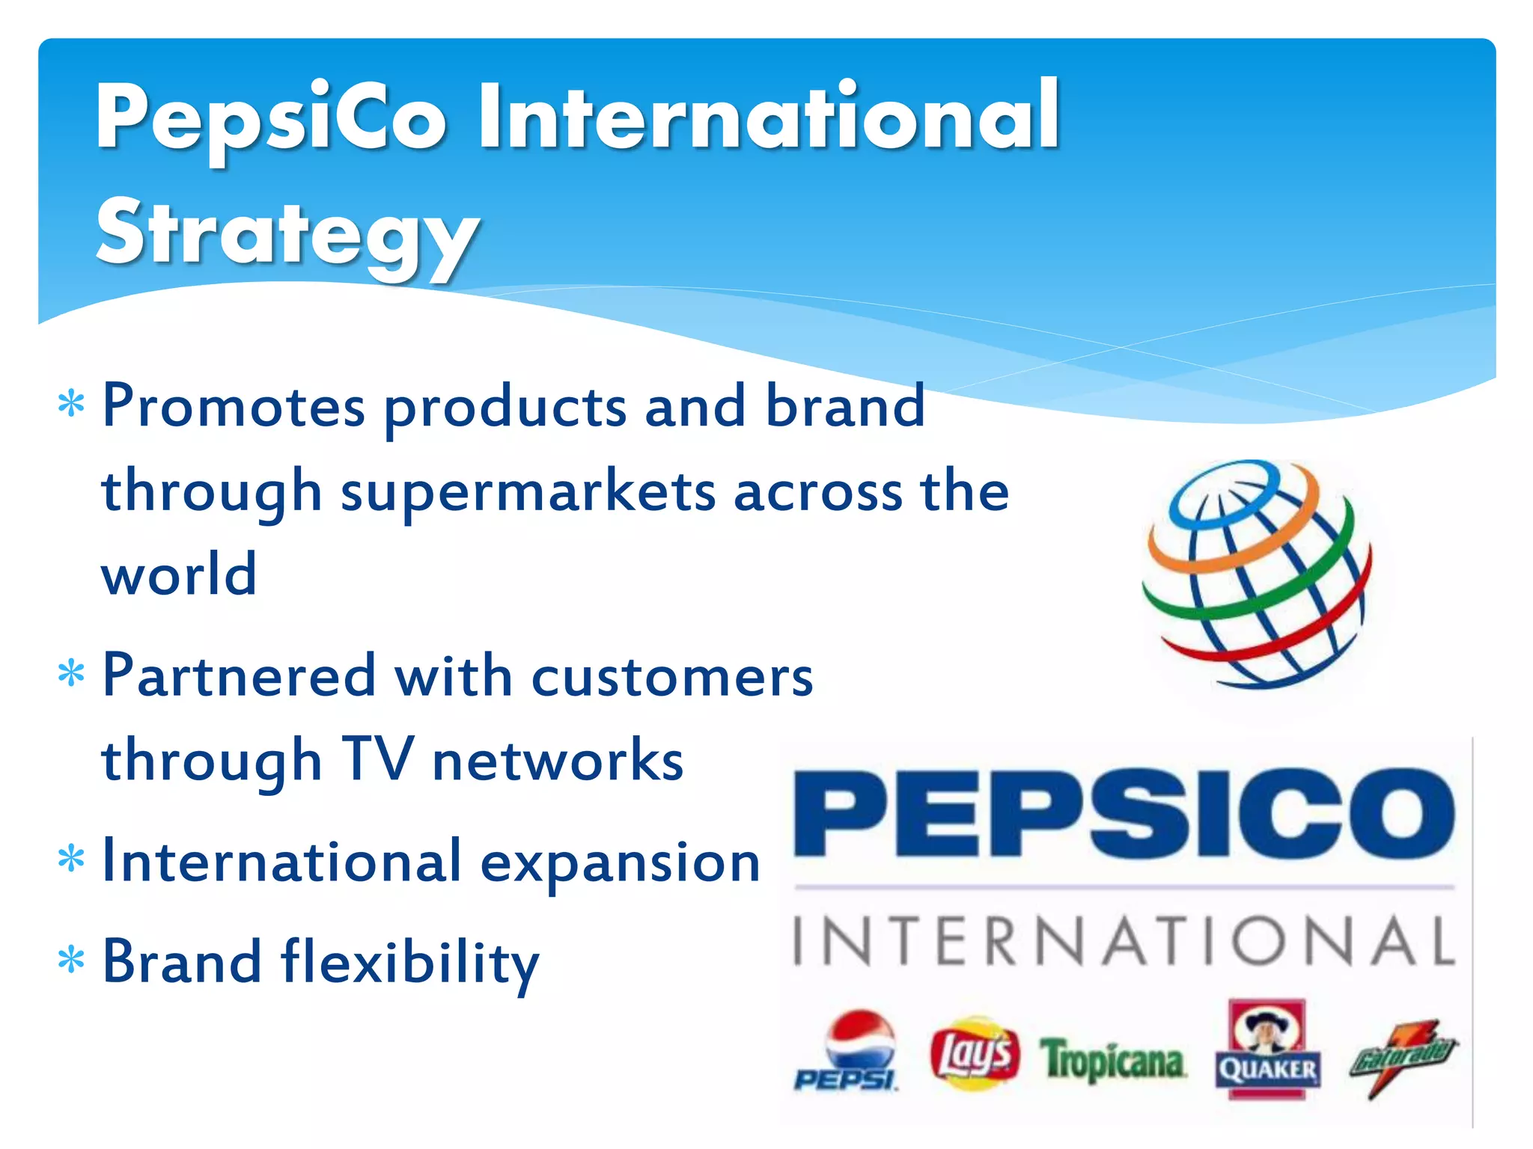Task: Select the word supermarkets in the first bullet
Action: pos(528,492)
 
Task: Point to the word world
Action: pos(180,574)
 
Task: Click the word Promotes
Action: pos(234,407)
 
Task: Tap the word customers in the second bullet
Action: pos(672,676)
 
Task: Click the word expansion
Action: pos(620,862)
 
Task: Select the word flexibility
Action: pos(410,963)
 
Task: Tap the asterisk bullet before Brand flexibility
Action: pos(71,960)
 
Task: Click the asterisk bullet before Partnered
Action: pos(71,674)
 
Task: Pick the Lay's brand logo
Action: pos(975,1053)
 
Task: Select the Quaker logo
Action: pos(1267,1049)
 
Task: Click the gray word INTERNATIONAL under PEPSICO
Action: pos(1124,941)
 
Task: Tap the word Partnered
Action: pos(238,676)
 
